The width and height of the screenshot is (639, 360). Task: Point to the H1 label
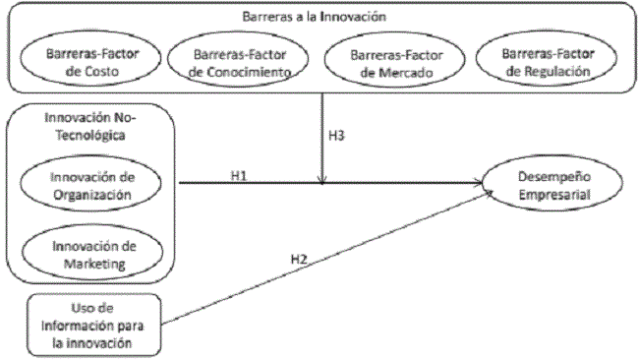coord(239,174)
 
